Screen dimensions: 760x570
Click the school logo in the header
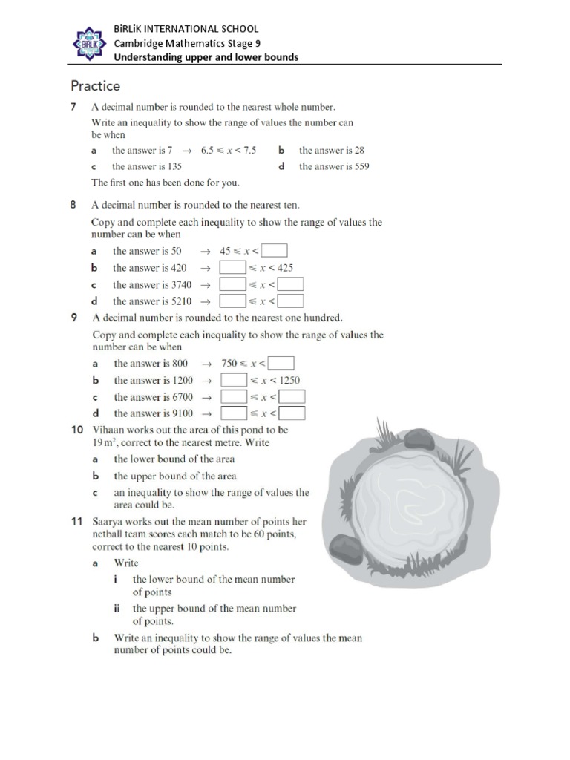point(90,43)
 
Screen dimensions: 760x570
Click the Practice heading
point(95,85)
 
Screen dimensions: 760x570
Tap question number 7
point(74,107)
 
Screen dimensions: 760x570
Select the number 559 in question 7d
point(358,166)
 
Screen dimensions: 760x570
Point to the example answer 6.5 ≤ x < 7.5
point(229,150)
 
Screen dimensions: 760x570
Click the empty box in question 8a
point(275,251)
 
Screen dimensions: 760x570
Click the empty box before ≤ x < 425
point(233,268)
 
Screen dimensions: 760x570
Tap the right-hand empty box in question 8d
point(291,301)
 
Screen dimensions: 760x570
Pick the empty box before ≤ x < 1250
point(234,380)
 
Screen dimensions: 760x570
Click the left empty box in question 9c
point(234,397)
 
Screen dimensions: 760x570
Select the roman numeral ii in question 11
point(117,608)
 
